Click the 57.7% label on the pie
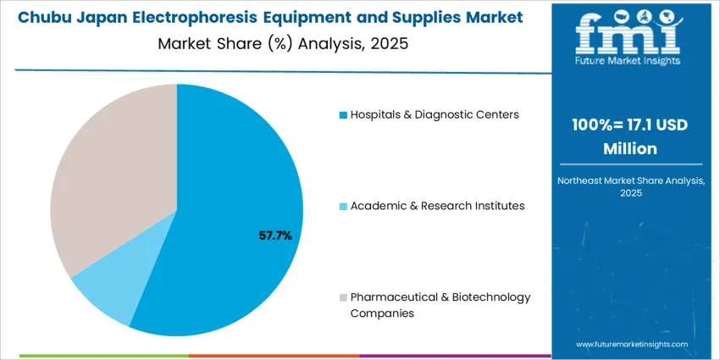pos(275,235)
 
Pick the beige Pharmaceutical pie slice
pos(110,169)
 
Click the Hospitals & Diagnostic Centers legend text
pos(435,114)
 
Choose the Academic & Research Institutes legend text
pos(437,206)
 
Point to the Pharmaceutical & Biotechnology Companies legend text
pos(440,305)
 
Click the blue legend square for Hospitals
pos(343,114)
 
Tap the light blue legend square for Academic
pos(343,206)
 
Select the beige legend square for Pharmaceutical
pos(343,297)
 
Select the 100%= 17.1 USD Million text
pos(629,136)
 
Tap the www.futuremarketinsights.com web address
pos(632,345)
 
